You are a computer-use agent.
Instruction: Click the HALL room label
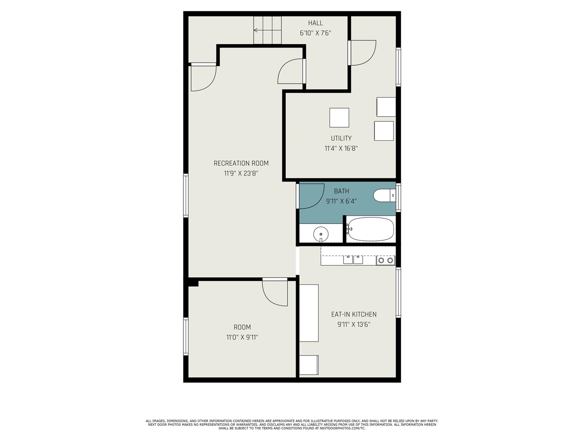coord(315,23)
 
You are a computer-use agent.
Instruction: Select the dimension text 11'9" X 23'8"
coord(241,173)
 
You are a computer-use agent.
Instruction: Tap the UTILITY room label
coord(341,138)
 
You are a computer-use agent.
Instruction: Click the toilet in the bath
coord(383,196)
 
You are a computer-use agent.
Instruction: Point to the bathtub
coord(370,229)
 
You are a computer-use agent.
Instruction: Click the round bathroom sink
coord(321,234)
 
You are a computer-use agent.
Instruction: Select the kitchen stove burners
coord(386,261)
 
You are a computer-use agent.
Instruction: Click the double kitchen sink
coord(353,260)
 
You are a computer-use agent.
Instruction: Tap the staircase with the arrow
coord(268,31)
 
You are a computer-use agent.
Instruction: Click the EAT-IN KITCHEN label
coord(354,314)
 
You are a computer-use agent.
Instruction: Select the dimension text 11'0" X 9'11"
coord(242,337)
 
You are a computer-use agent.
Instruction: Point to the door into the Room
coord(275,292)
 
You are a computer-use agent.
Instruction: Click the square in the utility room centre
coord(339,118)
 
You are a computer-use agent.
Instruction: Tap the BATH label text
coord(341,191)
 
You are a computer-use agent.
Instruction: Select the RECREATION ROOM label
coord(241,163)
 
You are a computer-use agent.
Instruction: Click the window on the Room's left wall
coord(186,336)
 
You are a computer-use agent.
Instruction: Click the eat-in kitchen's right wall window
coord(398,292)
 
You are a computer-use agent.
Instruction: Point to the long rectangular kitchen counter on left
coord(309,313)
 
